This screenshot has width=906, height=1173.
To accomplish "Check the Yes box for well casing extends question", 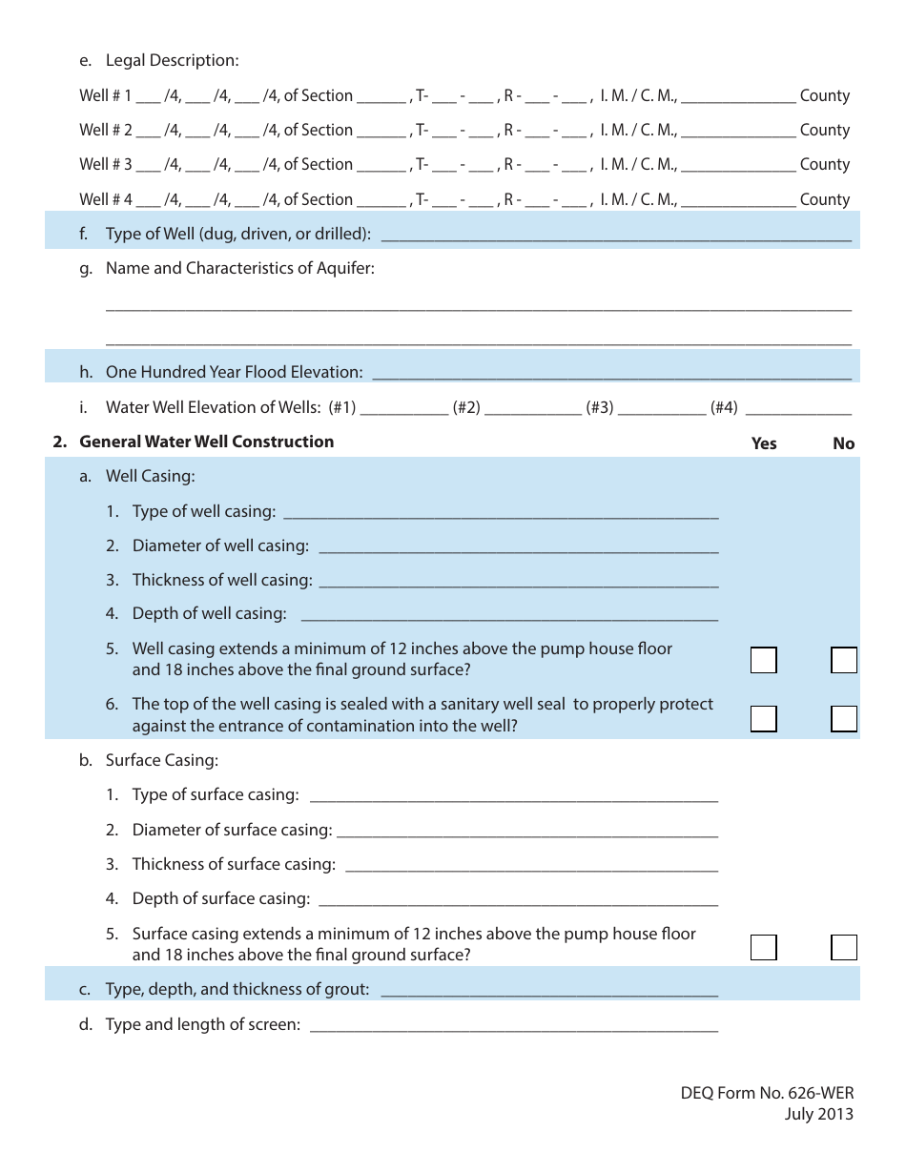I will point(763,660).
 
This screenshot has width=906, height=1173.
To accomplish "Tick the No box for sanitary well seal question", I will point(843,718).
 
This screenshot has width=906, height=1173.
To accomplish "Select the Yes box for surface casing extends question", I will point(763,947).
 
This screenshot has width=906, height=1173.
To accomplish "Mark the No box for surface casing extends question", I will point(843,947).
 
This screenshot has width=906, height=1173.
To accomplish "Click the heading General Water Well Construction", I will point(206,442).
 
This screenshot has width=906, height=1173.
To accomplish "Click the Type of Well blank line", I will point(615,235).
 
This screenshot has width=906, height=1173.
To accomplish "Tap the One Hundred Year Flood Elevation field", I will point(610,372).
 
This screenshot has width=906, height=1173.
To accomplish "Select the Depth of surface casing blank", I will point(517,898).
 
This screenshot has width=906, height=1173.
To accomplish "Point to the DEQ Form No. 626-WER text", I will point(761,1093).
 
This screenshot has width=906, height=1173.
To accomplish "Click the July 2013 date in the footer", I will point(819,1114).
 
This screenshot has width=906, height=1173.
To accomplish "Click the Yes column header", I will point(764,443).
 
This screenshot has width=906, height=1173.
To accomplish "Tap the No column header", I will point(843,443).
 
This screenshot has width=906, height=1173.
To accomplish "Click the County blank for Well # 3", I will point(739,165).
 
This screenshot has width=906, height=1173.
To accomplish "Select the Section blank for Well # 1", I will point(381,96).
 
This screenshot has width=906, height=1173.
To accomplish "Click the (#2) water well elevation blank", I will point(533,408).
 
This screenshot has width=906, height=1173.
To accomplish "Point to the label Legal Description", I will point(172,61).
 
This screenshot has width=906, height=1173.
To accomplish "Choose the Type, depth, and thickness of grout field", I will point(548,990).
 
